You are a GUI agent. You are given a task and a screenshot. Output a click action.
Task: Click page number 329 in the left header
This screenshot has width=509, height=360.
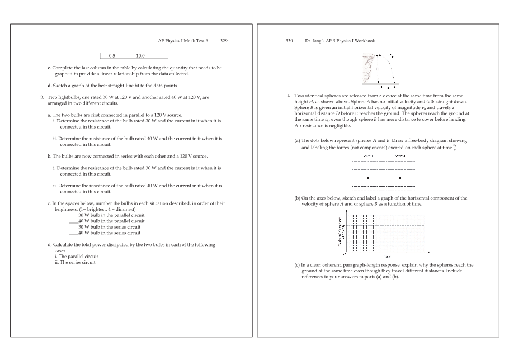coord(224,41)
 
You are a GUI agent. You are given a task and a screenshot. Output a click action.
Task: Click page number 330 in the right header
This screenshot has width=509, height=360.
coord(289,41)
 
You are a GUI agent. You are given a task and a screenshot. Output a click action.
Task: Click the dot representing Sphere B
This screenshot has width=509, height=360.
coord(400,178)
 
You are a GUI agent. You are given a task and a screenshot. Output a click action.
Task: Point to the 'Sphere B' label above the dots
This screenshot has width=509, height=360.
coord(400,156)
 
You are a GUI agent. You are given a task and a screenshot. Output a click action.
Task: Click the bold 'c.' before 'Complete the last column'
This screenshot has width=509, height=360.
coord(49,68)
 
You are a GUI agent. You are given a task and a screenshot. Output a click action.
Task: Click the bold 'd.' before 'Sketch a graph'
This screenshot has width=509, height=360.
coord(50,86)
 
